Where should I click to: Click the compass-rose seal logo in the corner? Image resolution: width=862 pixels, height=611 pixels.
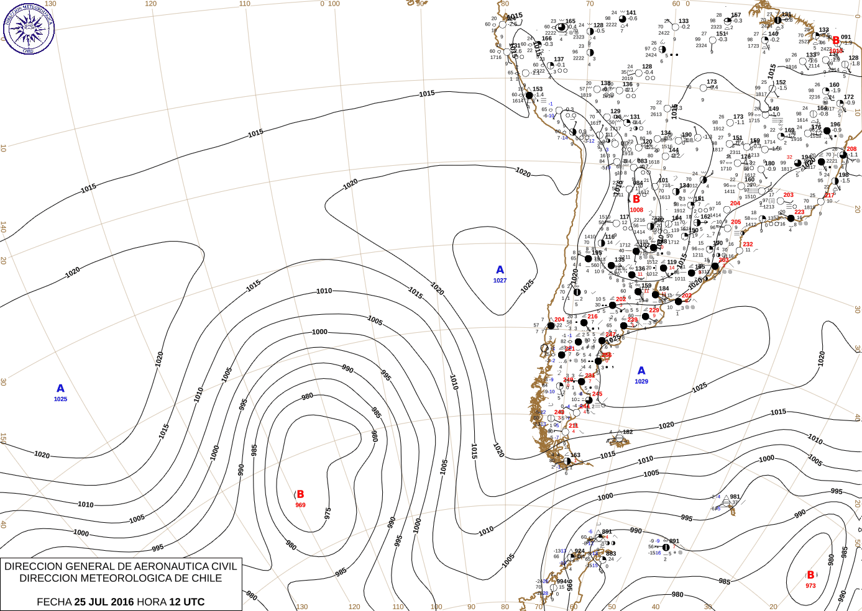(x=28, y=29)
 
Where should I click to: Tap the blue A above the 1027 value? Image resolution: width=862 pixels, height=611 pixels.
(x=500, y=270)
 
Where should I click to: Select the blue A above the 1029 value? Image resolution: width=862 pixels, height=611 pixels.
(x=641, y=371)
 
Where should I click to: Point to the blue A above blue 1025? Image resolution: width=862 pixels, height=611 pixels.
(x=60, y=389)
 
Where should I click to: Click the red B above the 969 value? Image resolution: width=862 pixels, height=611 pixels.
(x=300, y=494)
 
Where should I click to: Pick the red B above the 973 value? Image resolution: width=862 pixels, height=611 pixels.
(x=810, y=575)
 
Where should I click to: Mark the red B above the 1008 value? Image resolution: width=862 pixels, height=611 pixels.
(x=636, y=199)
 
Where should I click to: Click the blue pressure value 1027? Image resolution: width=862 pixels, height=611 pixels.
(x=500, y=281)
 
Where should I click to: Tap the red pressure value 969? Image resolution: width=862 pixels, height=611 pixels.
(x=300, y=505)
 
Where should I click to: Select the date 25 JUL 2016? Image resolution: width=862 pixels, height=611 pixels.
(x=104, y=602)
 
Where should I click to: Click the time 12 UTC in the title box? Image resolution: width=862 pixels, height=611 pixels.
(x=186, y=602)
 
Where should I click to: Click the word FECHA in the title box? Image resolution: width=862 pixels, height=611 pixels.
(x=54, y=602)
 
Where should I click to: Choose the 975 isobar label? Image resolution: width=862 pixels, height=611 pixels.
(x=328, y=514)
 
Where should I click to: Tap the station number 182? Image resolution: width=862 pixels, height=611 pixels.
(x=628, y=432)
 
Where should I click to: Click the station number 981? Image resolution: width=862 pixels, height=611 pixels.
(x=735, y=497)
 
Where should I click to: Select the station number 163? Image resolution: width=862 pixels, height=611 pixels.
(x=575, y=455)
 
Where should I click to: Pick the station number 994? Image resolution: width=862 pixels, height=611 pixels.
(x=562, y=582)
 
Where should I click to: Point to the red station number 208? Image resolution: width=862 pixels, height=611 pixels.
(x=851, y=149)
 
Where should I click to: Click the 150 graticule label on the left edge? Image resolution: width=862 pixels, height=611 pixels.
(x=3, y=438)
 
